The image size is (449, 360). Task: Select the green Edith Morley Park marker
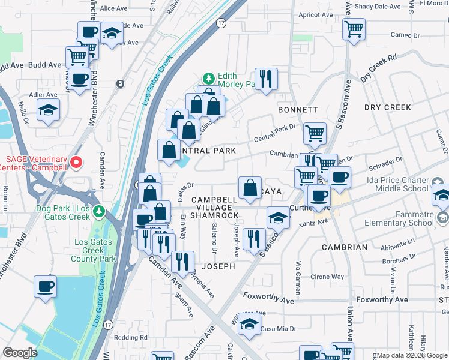(208, 79)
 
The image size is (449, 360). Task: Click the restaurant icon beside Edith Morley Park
(265, 78)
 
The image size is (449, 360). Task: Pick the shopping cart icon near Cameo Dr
(354, 28)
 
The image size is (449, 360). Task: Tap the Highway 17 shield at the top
(221, 23)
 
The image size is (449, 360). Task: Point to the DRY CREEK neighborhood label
(387, 107)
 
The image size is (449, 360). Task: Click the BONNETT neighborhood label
(297, 110)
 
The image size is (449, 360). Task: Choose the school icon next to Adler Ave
(48, 110)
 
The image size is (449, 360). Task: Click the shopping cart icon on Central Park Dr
(315, 133)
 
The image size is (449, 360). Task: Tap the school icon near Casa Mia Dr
(249, 323)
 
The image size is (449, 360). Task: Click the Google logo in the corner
(20, 353)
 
